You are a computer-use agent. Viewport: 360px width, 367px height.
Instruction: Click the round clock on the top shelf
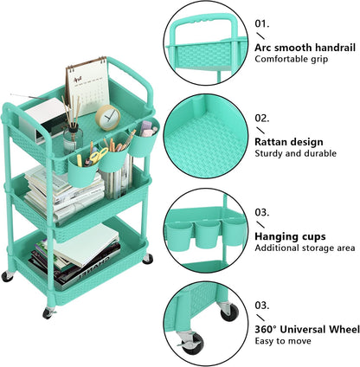108,118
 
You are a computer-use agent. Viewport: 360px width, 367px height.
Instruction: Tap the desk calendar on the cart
87,86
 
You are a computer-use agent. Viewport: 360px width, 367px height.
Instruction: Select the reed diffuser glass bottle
73,139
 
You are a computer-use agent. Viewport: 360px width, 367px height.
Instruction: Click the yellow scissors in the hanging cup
98,156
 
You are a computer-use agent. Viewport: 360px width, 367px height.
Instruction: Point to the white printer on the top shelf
42,119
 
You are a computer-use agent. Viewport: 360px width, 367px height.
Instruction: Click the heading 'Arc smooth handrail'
305,48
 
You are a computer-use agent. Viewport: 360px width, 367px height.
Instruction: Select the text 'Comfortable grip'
292,59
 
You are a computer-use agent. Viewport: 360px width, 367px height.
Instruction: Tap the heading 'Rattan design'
289,142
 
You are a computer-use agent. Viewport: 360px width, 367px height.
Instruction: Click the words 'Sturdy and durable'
296,153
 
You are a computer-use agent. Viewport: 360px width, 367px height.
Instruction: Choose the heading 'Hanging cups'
290,236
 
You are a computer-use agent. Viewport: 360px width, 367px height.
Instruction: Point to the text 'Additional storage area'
305,248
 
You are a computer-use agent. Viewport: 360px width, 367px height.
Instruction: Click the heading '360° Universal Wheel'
307,329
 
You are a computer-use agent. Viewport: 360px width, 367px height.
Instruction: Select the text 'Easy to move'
283,341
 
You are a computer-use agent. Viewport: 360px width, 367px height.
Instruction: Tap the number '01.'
262,23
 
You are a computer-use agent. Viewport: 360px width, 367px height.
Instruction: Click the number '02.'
262,118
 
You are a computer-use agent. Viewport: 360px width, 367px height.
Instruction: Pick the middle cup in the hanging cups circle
207,235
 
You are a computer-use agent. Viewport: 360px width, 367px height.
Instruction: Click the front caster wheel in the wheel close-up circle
191,343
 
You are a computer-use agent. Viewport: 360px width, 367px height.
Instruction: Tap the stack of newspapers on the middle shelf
62,193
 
